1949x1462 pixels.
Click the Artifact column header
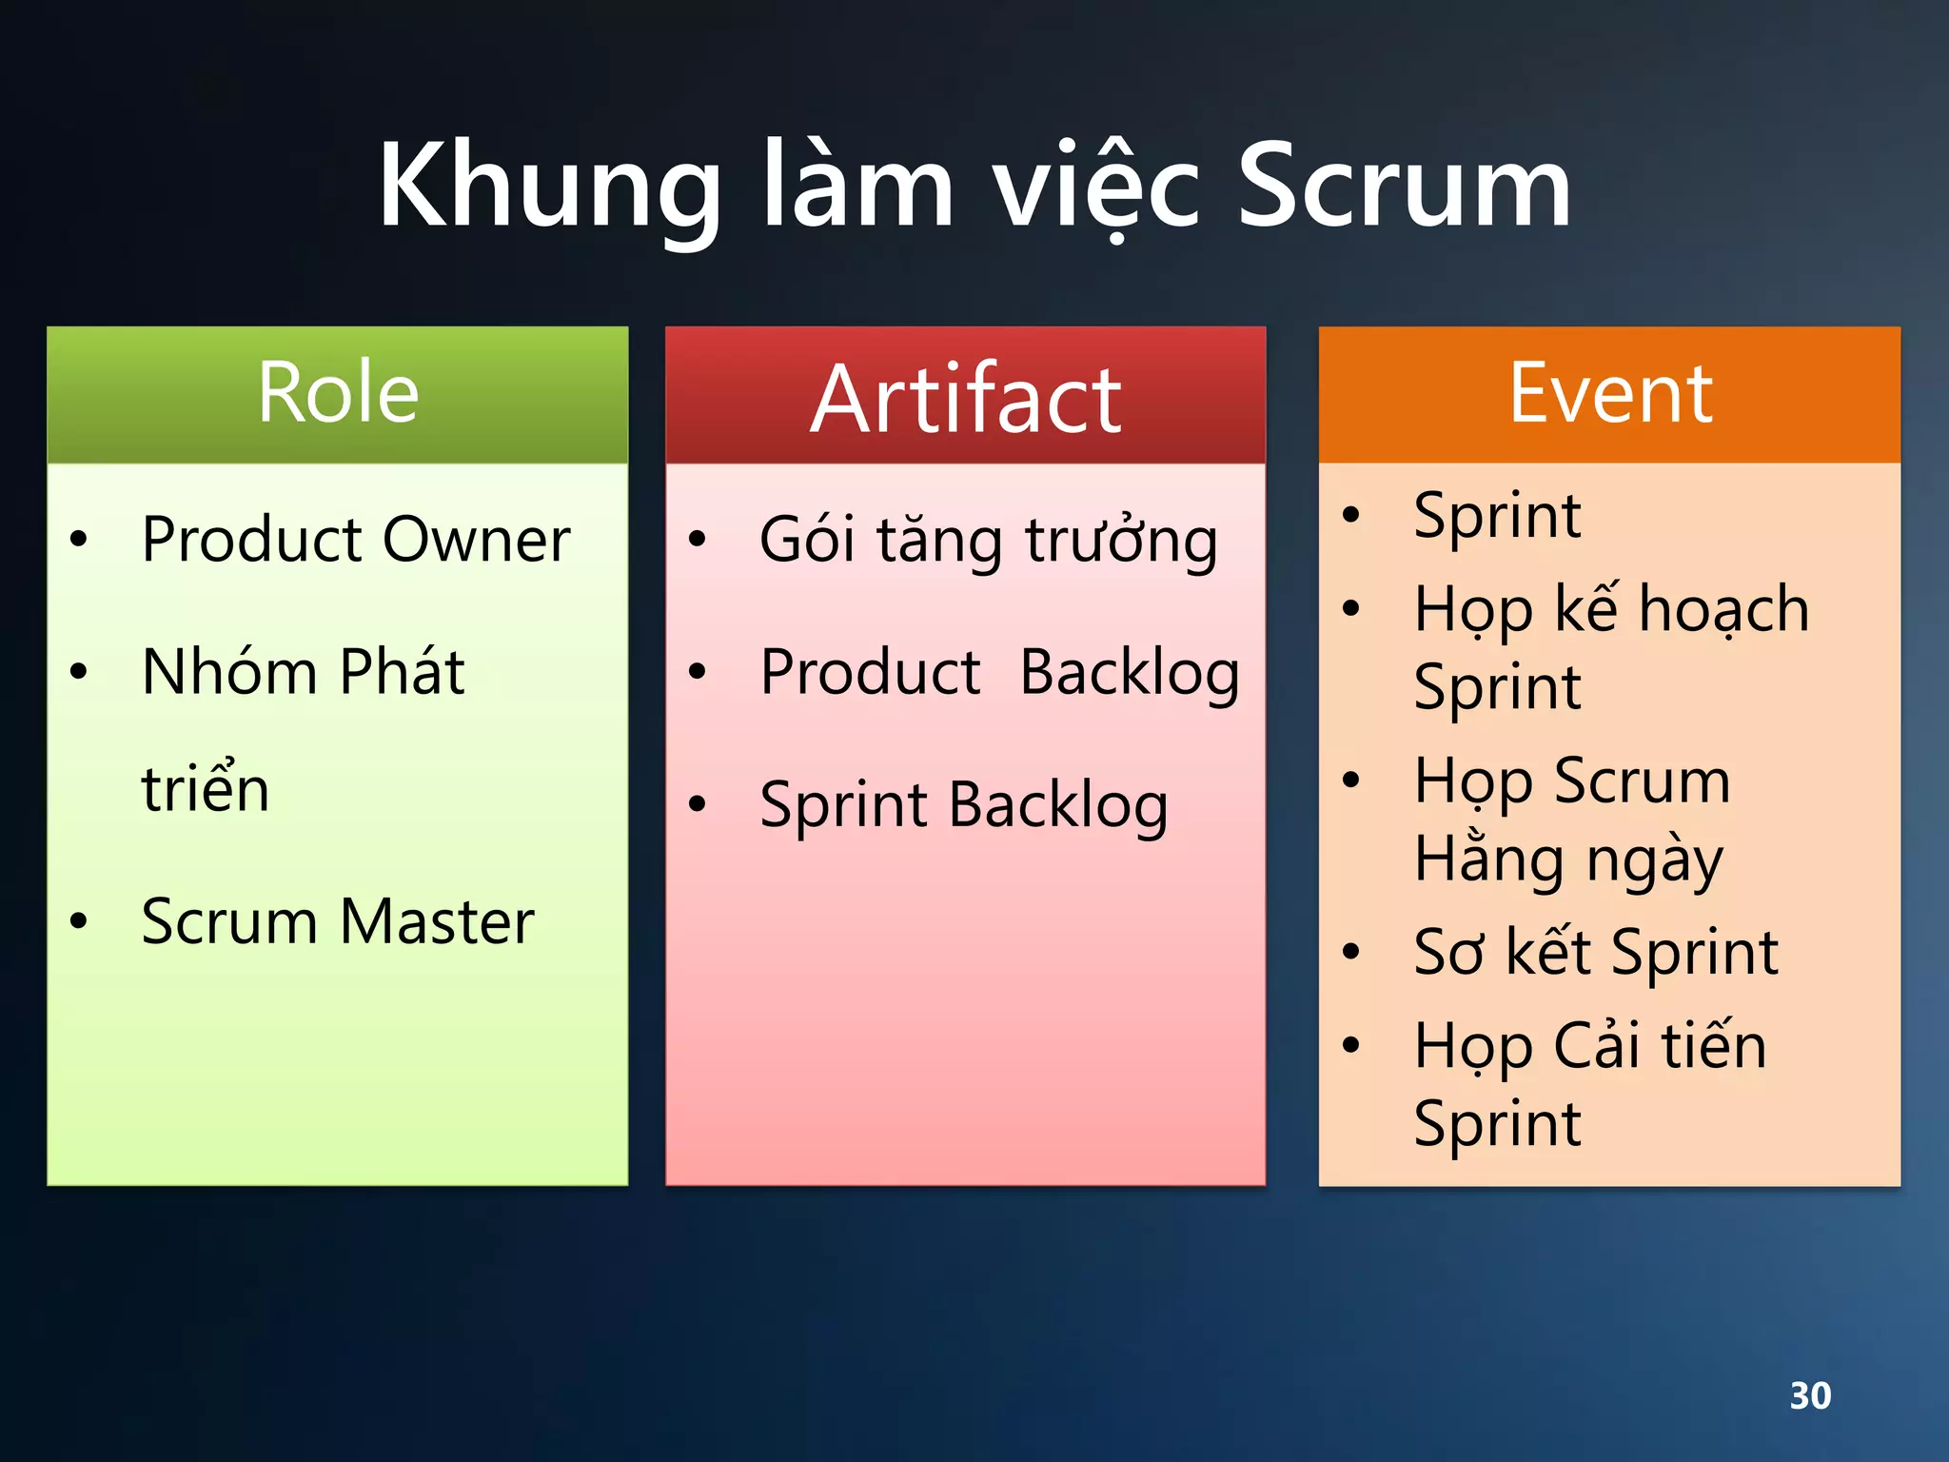coord(965,400)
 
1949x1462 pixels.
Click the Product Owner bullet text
coord(355,540)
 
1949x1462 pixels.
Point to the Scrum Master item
coord(337,921)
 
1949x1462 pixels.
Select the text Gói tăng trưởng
coord(988,540)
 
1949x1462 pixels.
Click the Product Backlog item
coord(999,673)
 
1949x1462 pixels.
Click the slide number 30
coord(1809,1395)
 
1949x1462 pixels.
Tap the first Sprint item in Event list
coord(1497,516)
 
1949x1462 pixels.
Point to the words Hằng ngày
coord(1567,859)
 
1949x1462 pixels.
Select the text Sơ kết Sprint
coord(1596,952)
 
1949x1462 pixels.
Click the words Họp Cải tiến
coord(1589,1045)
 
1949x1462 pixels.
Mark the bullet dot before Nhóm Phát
coord(79,672)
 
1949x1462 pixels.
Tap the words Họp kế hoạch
coord(1610,609)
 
